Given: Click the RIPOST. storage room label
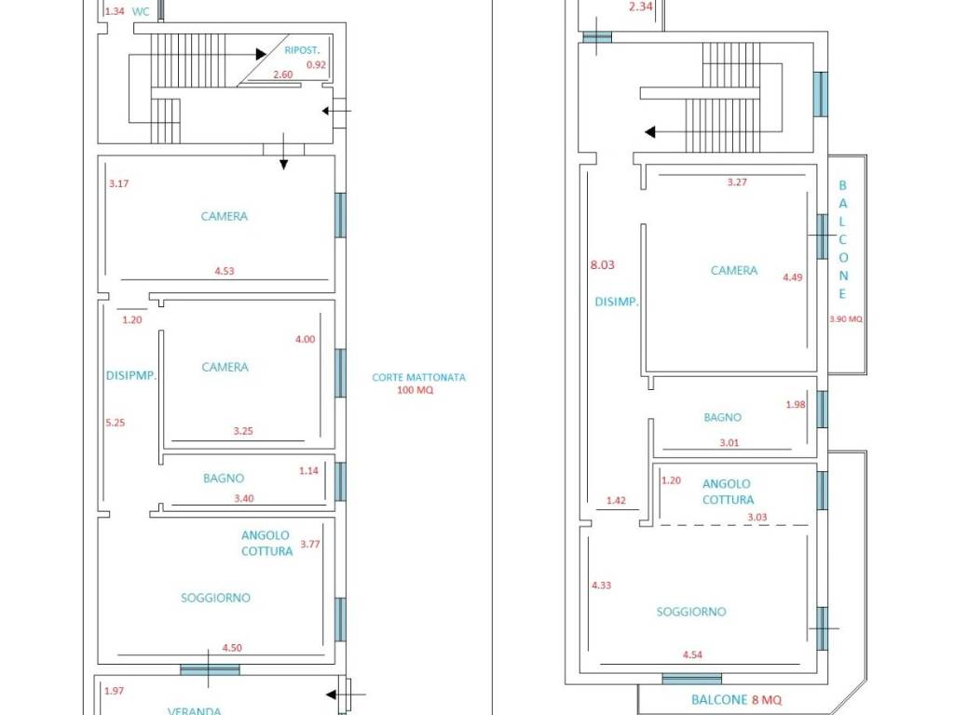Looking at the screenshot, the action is tap(302, 50).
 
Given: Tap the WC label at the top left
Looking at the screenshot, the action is tap(141, 11).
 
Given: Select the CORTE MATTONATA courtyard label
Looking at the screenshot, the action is tap(418, 377).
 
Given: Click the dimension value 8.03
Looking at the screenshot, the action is tap(603, 264).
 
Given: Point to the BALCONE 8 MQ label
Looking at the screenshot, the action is tap(736, 700).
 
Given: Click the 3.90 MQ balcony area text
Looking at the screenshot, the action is tap(846, 318).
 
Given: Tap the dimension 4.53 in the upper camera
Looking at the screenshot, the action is tap(225, 271).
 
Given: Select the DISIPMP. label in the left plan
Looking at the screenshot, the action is tap(131, 376).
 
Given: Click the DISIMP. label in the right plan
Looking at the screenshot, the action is tap(617, 302).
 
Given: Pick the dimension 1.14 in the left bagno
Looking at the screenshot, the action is tap(308, 470).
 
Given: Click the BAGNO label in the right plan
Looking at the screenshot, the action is tap(722, 418).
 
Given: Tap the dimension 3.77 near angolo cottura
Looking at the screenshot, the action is tap(309, 544).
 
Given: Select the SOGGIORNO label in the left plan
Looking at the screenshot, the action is tap(215, 599).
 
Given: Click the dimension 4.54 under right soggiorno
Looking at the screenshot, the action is tap(692, 654).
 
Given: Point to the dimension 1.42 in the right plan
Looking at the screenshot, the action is tap(616, 500).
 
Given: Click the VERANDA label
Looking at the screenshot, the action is tap(194, 710).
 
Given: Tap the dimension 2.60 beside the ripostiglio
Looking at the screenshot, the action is tap(283, 74).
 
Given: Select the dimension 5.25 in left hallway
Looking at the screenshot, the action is tap(115, 423).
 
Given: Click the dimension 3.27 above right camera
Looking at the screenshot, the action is tap(737, 182).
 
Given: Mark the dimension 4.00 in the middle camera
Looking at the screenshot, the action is tap(306, 339).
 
